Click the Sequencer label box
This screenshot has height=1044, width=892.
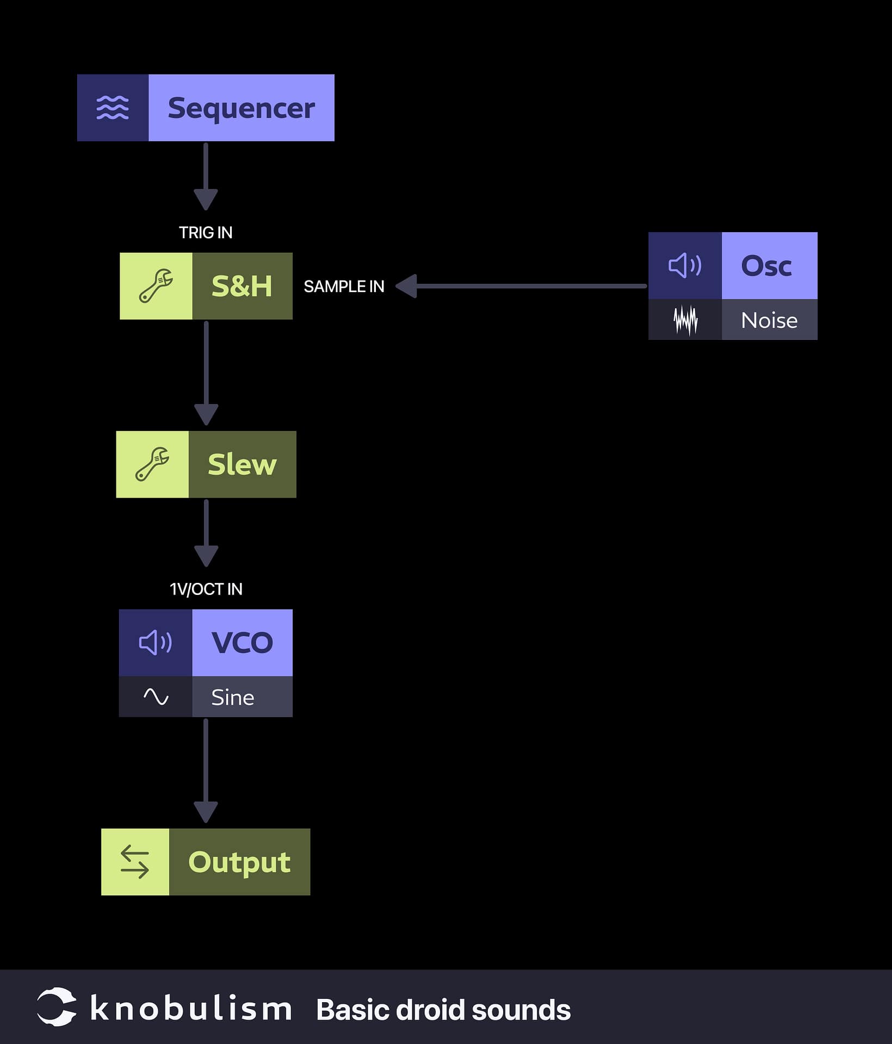(x=241, y=108)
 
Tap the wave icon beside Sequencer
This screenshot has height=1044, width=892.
(x=113, y=108)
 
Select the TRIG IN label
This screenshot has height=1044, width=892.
(x=206, y=233)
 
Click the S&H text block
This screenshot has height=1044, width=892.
(x=242, y=286)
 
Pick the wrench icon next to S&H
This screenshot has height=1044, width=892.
(x=156, y=286)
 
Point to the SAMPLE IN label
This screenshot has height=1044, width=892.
(x=344, y=287)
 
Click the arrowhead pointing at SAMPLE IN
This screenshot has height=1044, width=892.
(x=406, y=286)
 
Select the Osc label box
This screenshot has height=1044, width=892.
(x=769, y=266)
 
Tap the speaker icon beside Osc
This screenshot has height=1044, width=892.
(x=685, y=266)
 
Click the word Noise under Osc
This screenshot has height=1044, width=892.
(x=769, y=320)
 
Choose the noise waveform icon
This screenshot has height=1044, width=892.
(x=685, y=320)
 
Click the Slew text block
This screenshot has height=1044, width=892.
(x=242, y=464)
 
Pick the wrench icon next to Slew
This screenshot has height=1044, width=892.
(x=152, y=464)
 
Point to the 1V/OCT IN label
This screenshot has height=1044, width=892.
(x=206, y=589)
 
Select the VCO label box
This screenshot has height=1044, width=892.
(x=242, y=643)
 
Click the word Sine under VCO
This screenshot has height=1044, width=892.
(x=233, y=698)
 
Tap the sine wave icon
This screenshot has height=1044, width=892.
(x=156, y=697)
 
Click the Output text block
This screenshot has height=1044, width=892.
(x=239, y=862)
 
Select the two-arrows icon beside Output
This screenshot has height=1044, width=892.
(x=135, y=862)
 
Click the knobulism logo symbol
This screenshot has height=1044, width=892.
(x=56, y=1007)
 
